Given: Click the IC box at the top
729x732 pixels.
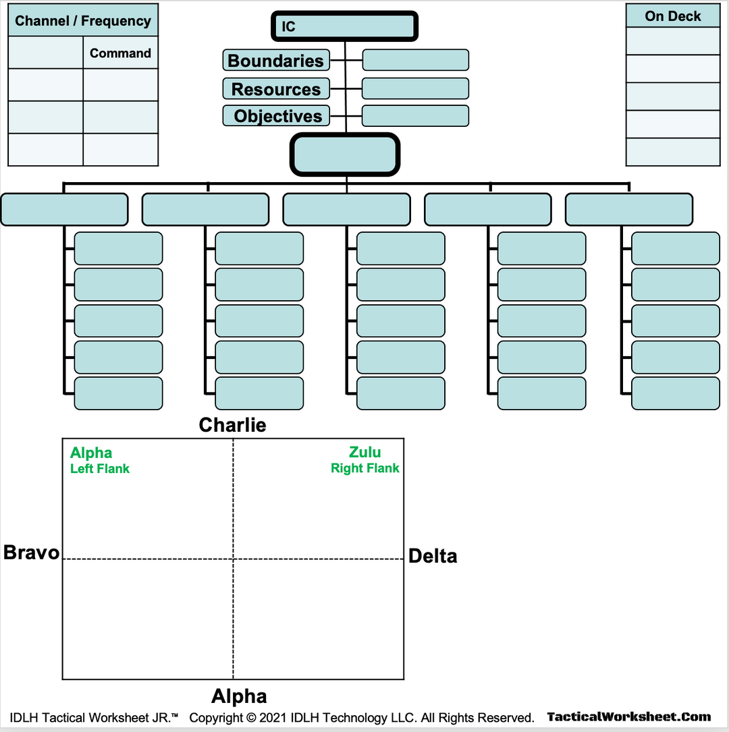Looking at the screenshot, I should [345, 26].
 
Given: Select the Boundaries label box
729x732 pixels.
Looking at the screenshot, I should [276, 60].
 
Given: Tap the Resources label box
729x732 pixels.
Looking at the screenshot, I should [276, 89].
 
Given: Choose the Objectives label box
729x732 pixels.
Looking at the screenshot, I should [276, 116].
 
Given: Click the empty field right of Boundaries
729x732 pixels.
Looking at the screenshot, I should [415, 60].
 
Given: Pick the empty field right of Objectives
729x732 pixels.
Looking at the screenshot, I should [415, 116].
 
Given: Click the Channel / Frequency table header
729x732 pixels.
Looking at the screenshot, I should [83, 21].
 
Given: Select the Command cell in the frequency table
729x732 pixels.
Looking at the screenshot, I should [120, 53].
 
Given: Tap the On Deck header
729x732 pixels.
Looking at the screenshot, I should [673, 16].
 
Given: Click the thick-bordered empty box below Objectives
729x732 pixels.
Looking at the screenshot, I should [345, 154].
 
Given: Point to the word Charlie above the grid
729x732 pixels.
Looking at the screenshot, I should [232, 425].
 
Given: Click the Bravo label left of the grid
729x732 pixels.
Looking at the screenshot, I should [31, 553].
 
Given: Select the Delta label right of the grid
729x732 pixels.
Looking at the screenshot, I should [433, 557].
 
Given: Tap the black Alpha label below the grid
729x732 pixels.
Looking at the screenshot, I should [239, 696].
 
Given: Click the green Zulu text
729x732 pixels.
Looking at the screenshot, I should [364, 452].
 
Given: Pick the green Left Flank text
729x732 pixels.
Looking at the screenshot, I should [100, 469].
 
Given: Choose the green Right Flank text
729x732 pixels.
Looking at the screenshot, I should [364, 468].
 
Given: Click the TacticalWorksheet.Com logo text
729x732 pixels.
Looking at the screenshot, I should [629, 717].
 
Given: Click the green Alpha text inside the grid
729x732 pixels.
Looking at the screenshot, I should [91, 453].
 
